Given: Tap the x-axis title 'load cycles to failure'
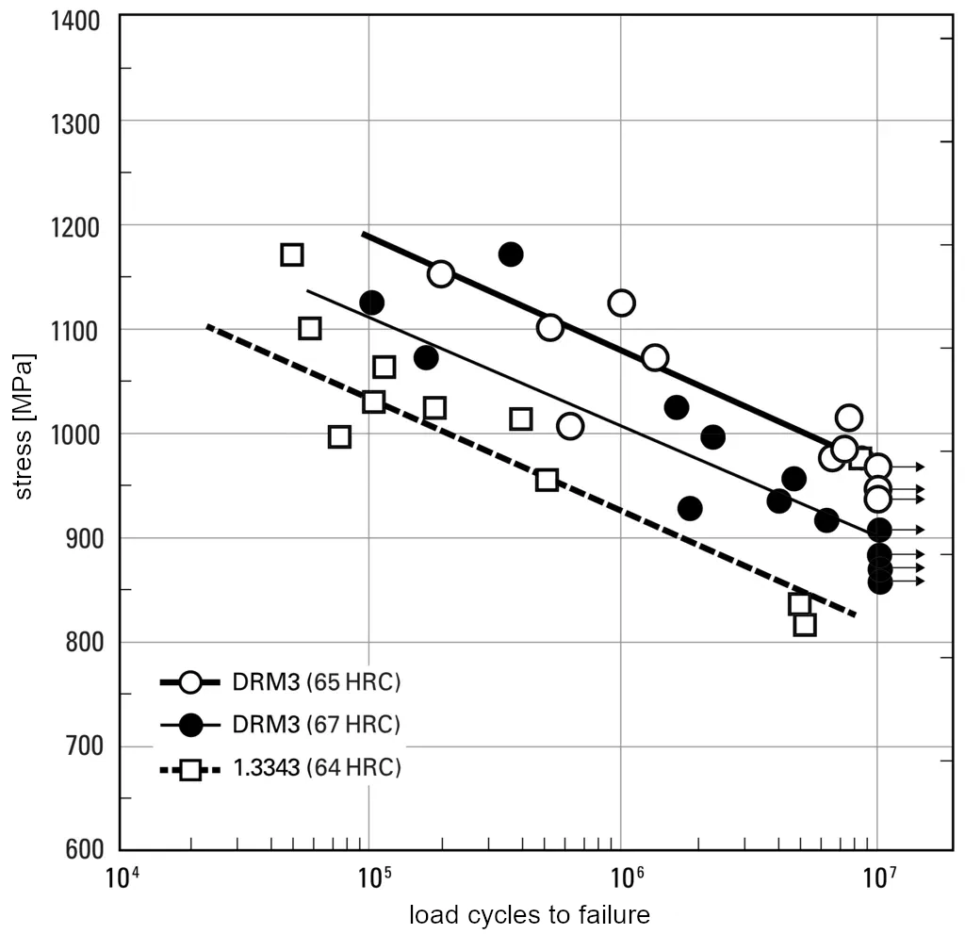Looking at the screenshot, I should click(529, 914).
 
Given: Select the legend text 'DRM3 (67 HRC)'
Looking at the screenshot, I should click(317, 725).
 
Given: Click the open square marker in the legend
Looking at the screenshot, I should click(190, 769).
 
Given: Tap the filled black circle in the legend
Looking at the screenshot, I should click(190, 725).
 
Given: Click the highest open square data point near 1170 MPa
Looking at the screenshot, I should click(292, 254).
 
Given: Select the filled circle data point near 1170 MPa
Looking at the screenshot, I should click(511, 254).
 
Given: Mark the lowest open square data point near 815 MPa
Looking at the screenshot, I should click(805, 625).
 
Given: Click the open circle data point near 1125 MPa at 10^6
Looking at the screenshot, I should click(621, 303).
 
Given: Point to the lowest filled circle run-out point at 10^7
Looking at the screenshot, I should click(880, 582).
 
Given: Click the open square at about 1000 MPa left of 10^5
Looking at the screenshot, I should click(339, 436).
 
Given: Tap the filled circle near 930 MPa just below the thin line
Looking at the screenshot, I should click(690, 508).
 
